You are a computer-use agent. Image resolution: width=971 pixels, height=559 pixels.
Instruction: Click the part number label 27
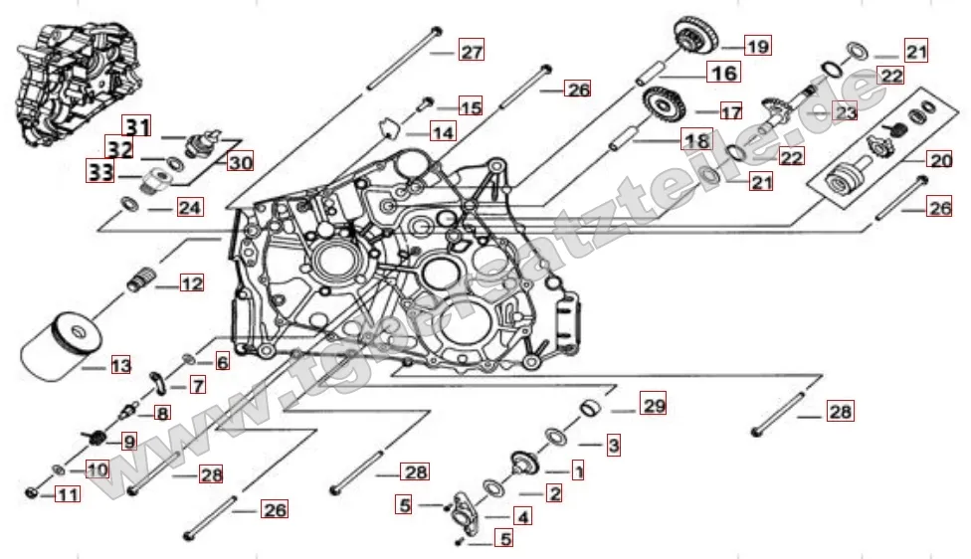click(471, 53)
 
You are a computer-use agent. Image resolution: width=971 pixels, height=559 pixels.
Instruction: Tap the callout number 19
click(758, 46)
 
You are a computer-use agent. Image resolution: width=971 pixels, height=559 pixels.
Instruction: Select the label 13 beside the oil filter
click(119, 366)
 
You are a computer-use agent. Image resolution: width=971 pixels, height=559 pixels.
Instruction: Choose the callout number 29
click(654, 406)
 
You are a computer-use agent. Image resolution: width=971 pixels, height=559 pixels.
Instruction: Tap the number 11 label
click(67, 493)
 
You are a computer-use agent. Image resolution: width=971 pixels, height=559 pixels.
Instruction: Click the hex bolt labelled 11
click(31, 491)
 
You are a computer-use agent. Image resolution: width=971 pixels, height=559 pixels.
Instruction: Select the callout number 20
click(939, 159)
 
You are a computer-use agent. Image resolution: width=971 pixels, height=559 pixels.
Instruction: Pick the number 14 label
click(443, 132)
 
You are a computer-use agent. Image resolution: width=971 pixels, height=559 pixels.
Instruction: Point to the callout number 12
click(191, 283)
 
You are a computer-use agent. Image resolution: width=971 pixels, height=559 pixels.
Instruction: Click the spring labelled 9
click(99, 438)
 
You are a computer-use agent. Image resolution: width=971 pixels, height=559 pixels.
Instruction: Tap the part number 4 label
click(522, 516)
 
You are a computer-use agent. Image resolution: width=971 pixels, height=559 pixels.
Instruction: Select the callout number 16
click(723, 73)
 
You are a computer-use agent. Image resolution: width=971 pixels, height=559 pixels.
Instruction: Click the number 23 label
click(845, 112)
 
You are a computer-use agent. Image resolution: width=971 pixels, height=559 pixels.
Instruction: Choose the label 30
click(240, 162)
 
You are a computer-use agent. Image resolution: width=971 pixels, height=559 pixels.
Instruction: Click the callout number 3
click(614, 446)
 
